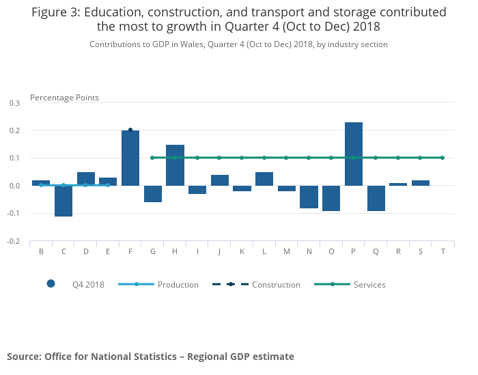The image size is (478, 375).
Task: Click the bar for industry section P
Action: [x=354, y=154]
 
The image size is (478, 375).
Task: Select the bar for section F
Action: [x=130, y=158]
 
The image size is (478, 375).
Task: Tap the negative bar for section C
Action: [x=64, y=201]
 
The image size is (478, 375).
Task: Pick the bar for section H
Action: [x=175, y=165]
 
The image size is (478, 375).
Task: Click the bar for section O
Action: [x=331, y=198]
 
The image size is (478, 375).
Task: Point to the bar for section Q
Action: [x=376, y=198]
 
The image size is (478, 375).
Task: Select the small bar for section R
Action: [x=398, y=184]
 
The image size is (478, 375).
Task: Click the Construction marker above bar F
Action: [x=130, y=130]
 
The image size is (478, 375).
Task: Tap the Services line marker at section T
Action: [x=442, y=158]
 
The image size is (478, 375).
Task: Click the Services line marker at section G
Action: [x=152, y=158]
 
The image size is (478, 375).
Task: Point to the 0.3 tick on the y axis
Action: [x=15, y=103]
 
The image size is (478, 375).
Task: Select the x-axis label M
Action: [x=287, y=251]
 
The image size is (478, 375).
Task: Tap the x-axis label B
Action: [x=41, y=251]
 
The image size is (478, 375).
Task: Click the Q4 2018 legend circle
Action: [x=51, y=284]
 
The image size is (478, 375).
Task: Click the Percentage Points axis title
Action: [x=64, y=98]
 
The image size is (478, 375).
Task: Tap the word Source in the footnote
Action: [x=23, y=357]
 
